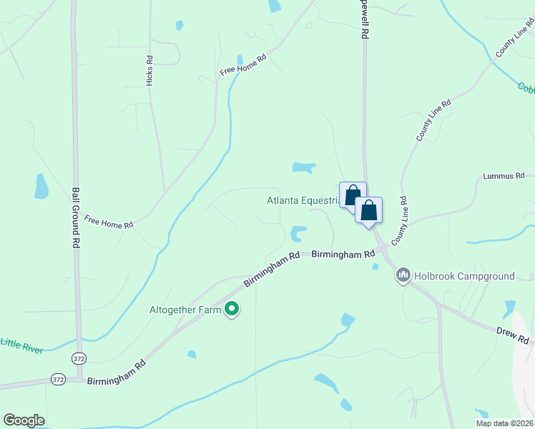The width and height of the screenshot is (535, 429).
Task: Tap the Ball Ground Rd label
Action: point(76,217)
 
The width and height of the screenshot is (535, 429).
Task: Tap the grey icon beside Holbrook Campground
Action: point(403,275)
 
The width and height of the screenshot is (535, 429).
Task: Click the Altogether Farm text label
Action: point(185,310)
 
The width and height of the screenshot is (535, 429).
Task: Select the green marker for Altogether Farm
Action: point(232,310)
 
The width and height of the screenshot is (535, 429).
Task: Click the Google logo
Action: point(24,420)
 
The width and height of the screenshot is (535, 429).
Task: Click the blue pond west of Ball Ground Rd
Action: point(41,187)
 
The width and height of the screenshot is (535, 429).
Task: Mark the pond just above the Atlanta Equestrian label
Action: point(303,168)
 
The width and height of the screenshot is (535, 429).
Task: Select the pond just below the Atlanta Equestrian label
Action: point(298,233)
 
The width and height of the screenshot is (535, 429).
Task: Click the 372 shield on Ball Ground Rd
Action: point(78,357)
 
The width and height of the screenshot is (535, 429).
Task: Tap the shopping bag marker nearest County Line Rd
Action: point(369,211)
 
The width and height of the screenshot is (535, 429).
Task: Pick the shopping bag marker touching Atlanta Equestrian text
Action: point(353,195)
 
